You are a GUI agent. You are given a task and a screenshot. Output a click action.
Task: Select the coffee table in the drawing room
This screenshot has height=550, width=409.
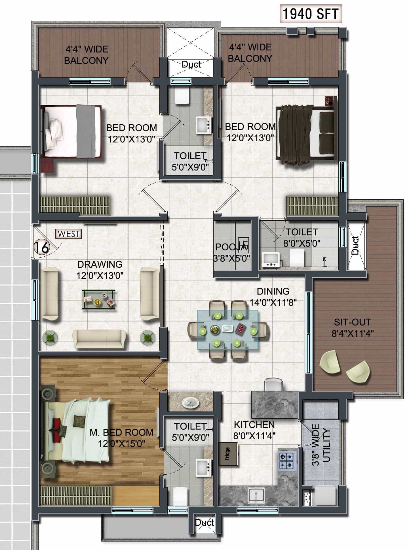98,299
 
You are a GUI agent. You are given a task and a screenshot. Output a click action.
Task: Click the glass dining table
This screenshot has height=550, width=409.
228,329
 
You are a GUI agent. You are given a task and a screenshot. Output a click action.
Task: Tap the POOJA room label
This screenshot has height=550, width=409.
231,247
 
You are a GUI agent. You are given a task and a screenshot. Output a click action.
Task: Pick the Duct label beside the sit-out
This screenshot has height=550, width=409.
355,245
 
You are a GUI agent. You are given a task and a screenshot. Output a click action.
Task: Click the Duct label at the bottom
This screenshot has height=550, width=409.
204,522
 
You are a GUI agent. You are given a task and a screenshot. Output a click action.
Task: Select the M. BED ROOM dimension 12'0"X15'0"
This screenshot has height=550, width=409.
122,444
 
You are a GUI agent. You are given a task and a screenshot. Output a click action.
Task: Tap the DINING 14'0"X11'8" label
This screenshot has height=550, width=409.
273,297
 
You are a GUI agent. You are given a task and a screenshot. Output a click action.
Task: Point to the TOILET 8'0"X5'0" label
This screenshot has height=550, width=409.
302,237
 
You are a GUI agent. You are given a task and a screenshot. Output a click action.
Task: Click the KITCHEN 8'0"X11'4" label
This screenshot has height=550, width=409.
254,430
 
